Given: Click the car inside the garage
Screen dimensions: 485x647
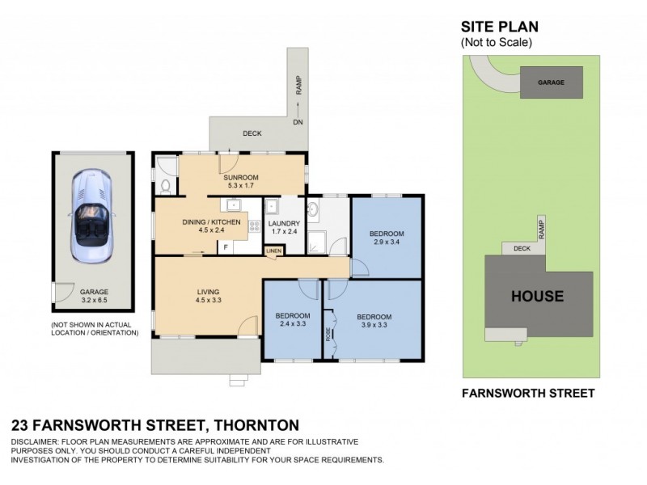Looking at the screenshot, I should (x=91, y=215).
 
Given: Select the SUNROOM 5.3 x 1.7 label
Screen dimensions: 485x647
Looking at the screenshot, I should (x=240, y=181).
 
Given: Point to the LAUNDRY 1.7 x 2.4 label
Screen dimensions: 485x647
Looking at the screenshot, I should (x=284, y=229).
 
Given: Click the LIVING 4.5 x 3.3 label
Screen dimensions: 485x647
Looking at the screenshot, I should (x=209, y=297).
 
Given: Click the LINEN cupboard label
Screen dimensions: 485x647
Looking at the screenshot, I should (x=275, y=252).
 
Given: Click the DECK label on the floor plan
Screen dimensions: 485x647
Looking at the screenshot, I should (x=252, y=133).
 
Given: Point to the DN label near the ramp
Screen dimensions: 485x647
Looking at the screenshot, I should (x=297, y=123).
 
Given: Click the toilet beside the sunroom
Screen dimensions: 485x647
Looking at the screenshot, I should (x=166, y=187).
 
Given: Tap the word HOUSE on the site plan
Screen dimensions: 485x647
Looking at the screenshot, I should (x=537, y=296).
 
